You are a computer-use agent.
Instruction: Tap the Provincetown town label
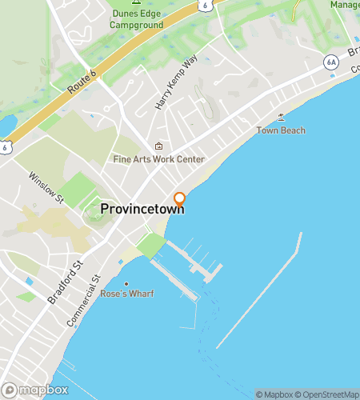coord(142,209)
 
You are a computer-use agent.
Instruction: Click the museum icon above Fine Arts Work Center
coord(158,146)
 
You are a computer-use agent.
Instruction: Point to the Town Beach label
coord(281,130)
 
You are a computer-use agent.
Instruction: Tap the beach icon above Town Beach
coord(281,118)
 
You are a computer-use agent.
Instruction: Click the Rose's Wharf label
coord(126,294)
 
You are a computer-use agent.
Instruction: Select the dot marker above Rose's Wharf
coord(126,283)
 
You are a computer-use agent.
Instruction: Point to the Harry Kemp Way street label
coord(177,82)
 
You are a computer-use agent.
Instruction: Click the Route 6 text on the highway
coord(82,82)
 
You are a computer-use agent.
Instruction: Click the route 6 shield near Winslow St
coord(6,147)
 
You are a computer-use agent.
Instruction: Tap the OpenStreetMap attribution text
coord(328,394)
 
